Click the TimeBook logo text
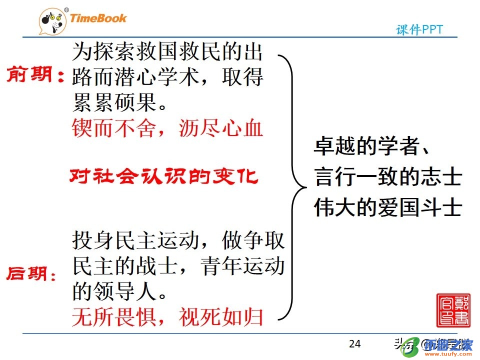tap(98, 18)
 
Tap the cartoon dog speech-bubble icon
tap(52, 21)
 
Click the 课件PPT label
tap(419, 30)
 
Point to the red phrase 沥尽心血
tap(220, 128)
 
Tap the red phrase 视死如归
tap(220, 317)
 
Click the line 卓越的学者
tap(371, 146)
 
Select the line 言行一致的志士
tap(387, 176)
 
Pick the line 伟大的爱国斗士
tap(387, 207)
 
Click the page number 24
tap(354, 344)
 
